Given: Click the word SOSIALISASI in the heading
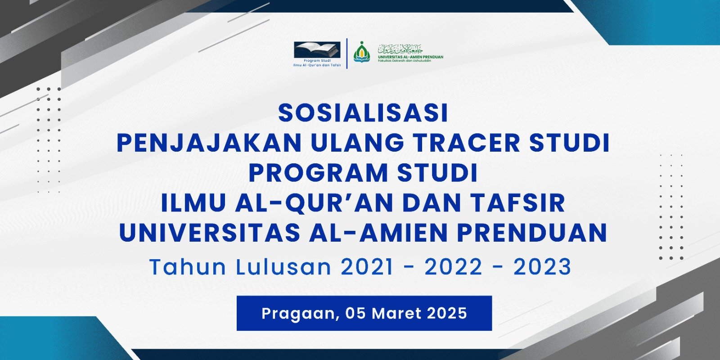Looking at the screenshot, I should tap(363, 113).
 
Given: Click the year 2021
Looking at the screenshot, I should tap(367, 267).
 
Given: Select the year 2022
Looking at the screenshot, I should tap(454, 267).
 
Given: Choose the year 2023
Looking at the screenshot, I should tap(542, 267).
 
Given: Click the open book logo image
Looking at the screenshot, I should tap(317, 49).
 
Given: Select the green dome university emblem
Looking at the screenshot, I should tap(361, 52).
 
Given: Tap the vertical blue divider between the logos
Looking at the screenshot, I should tap(347, 53).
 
